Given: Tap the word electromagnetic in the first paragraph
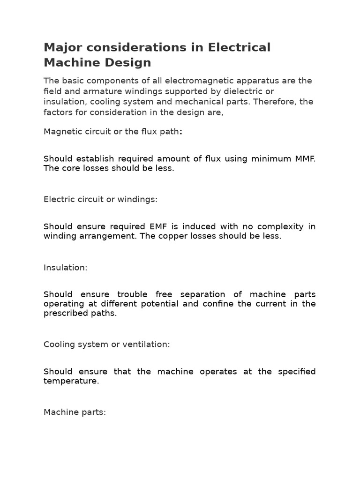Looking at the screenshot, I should [x=198, y=81].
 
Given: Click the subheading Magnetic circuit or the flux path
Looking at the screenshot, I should [x=112, y=132].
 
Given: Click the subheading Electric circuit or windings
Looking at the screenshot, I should [x=100, y=199].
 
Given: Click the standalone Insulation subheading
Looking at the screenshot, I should [x=66, y=268].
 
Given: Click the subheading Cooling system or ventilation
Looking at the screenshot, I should [x=106, y=345].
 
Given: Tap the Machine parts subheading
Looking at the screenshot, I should [x=75, y=412].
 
